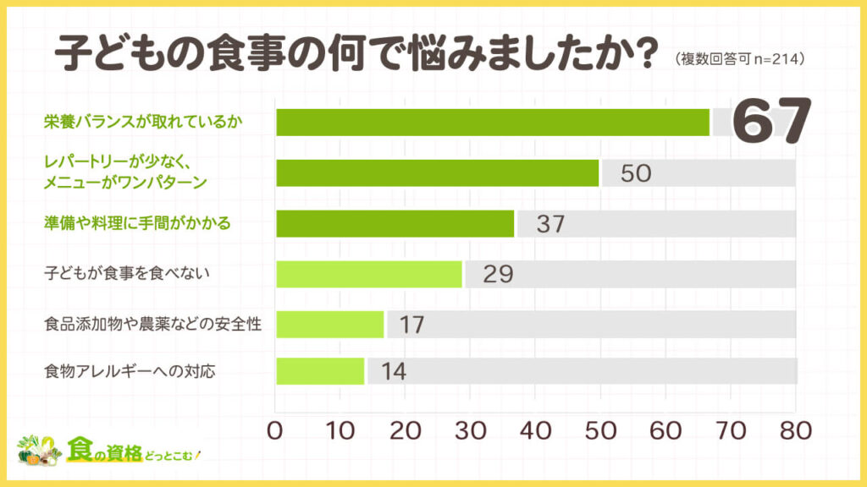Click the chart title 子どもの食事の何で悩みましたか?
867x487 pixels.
coord(356,56)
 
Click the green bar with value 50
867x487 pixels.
coord(438,172)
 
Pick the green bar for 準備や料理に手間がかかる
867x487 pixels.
coord(395,223)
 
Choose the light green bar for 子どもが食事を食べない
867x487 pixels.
coord(369,274)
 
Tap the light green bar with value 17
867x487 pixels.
coord(330,324)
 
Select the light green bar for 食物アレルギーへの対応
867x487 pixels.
coord(320,371)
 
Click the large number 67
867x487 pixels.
coord(771,122)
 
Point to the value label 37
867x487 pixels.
coord(549,224)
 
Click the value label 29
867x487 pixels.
coord(499,275)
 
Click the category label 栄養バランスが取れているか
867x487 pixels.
coord(143,123)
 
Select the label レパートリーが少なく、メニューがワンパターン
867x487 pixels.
coord(126,172)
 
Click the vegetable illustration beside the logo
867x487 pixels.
coord(37,451)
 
